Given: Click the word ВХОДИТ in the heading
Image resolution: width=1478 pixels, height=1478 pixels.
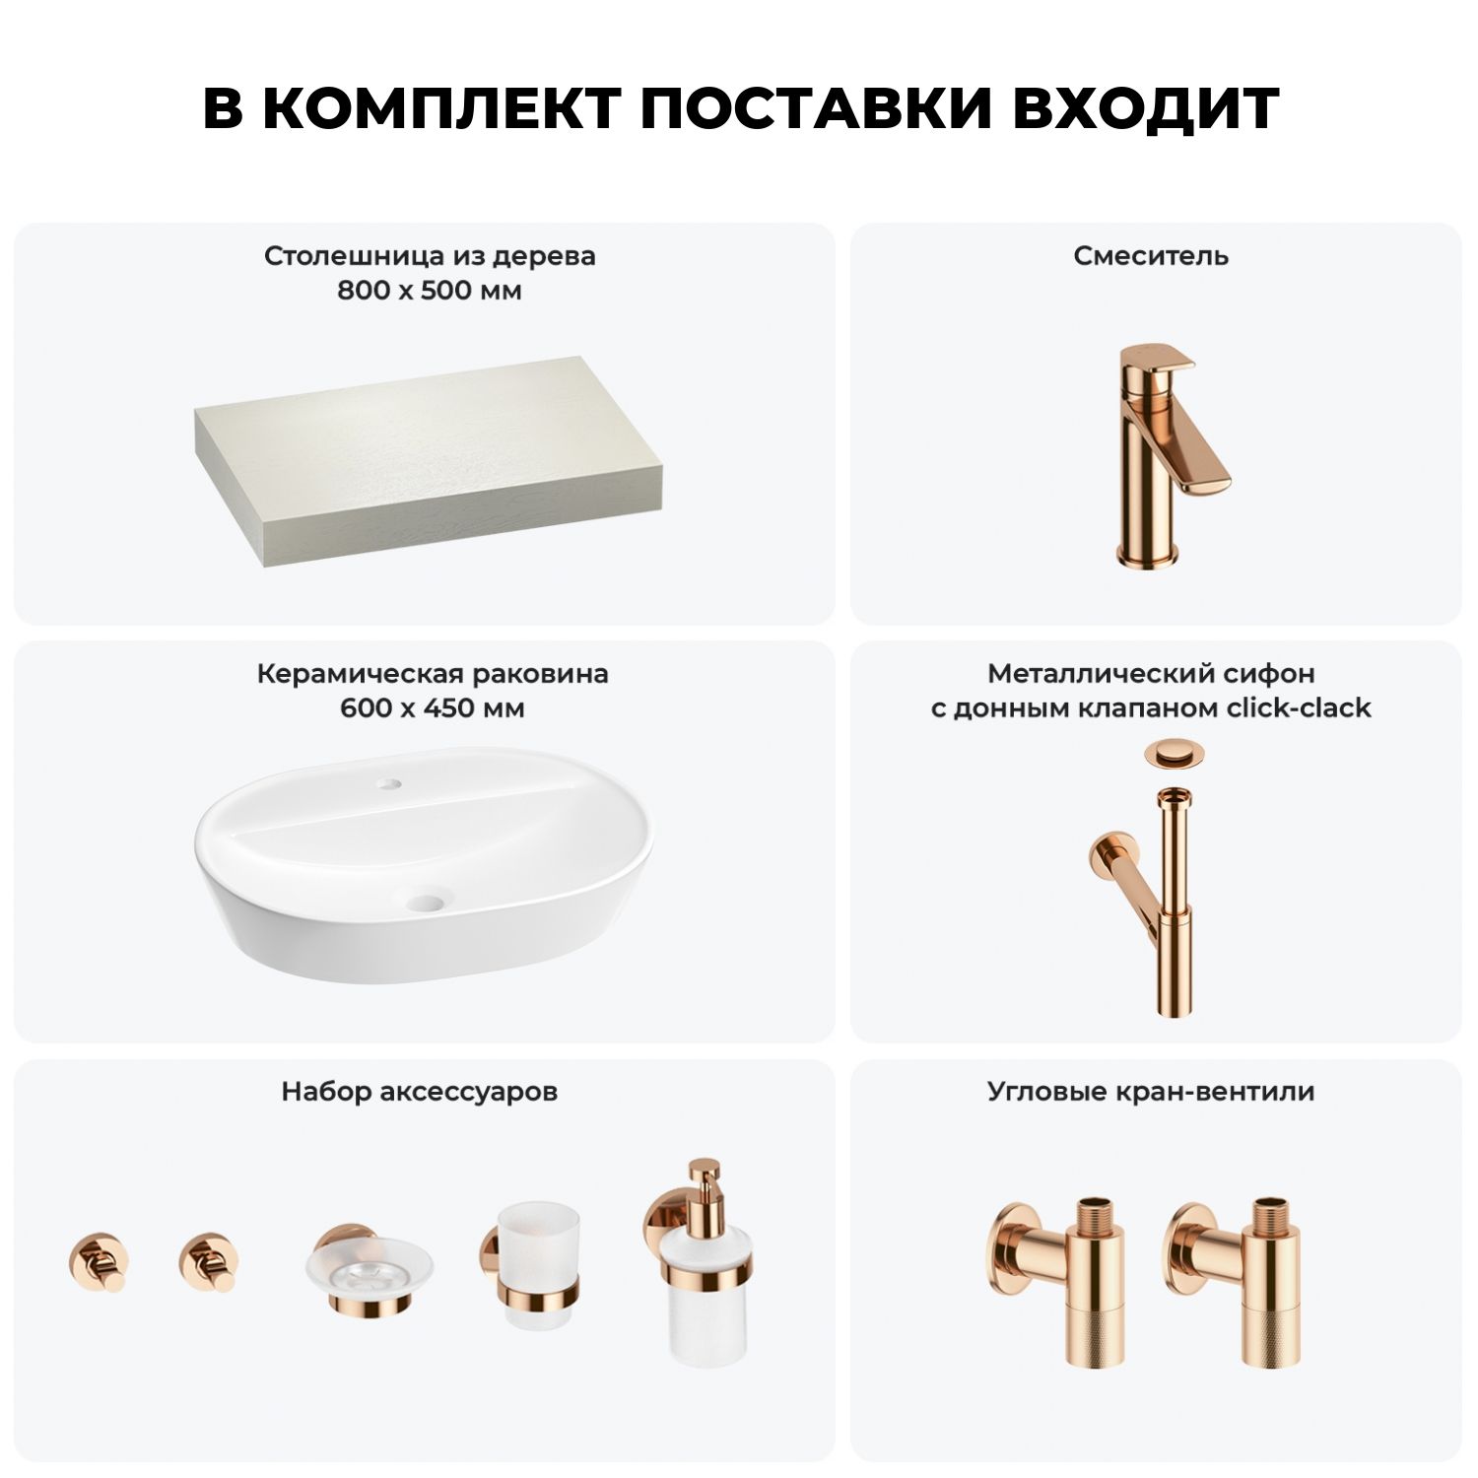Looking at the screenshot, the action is pyautogui.click(x=1145, y=108).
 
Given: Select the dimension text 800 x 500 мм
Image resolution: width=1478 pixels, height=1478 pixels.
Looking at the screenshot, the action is pyautogui.click(x=430, y=291).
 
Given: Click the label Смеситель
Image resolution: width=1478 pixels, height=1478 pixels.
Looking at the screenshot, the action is pyautogui.click(x=1151, y=256).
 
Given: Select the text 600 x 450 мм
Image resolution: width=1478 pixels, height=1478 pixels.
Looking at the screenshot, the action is pyautogui.click(x=433, y=708).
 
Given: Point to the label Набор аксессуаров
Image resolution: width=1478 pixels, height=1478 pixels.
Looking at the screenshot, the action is pyautogui.click(x=420, y=1092).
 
